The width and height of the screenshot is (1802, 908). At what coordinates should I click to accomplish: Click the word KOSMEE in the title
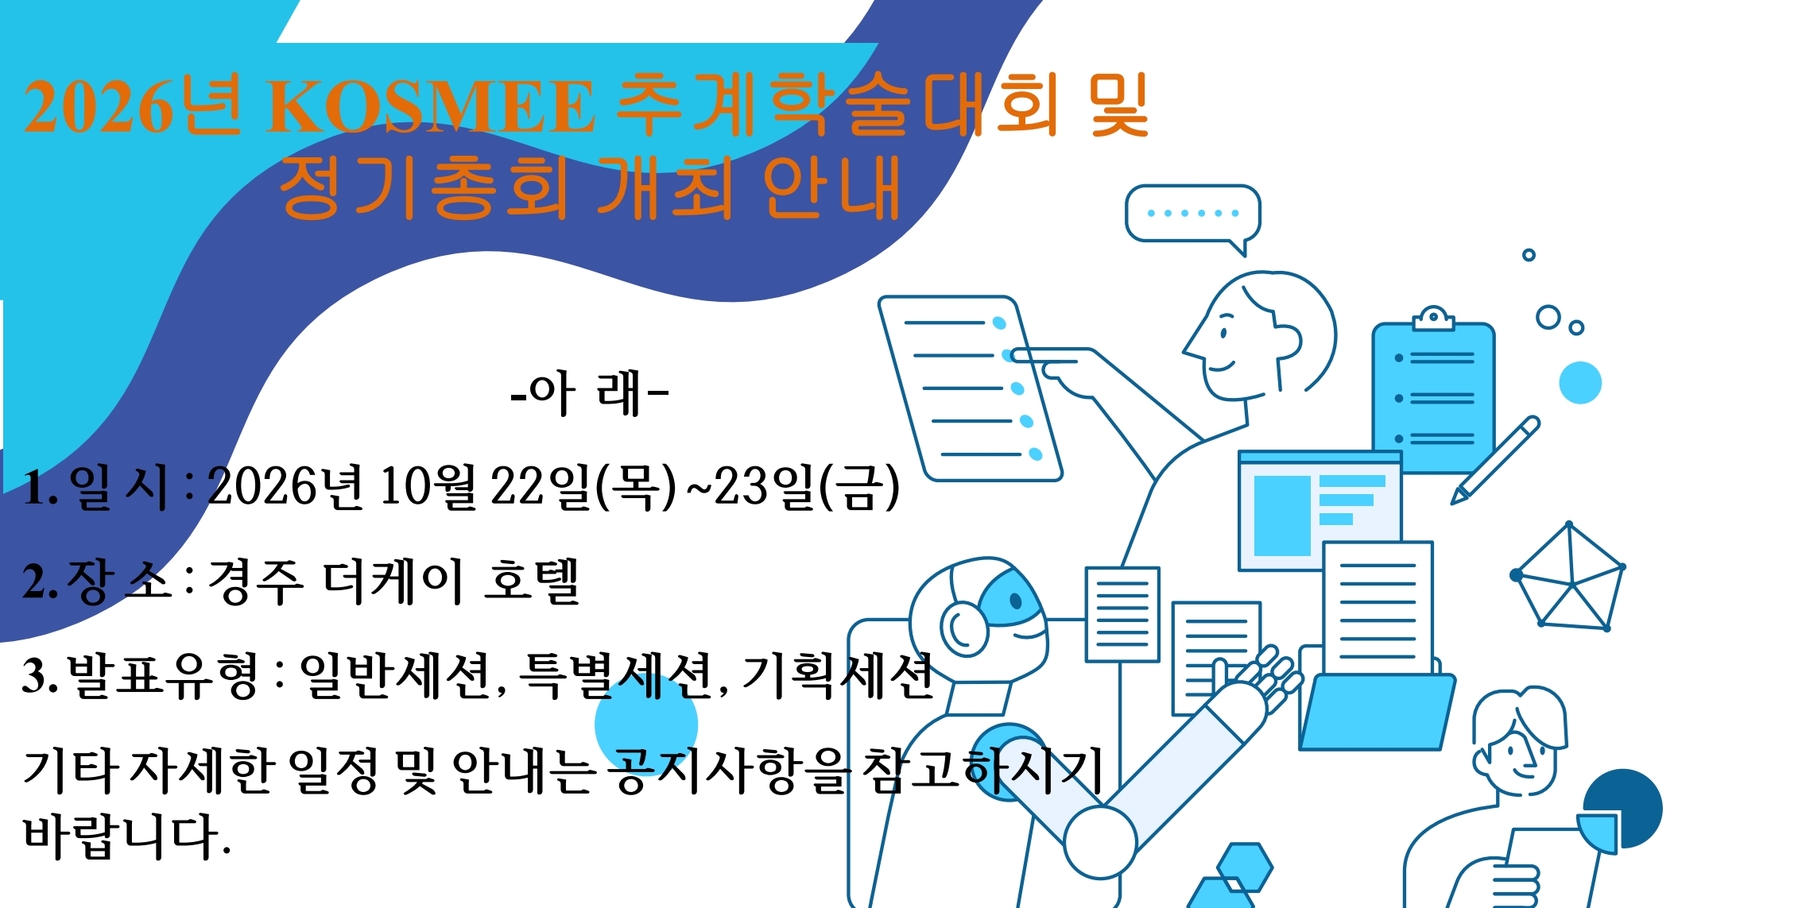pyautogui.click(x=431, y=106)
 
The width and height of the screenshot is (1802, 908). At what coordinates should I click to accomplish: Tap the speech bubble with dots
pyautogui.click(x=1192, y=215)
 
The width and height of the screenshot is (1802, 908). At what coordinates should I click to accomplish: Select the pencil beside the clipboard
pyautogui.click(x=1495, y=460)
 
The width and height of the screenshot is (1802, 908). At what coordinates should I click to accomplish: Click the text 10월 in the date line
pyautogui.click(x=427, y=486)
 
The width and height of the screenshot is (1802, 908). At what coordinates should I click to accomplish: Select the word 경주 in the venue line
pyautogui.click(x=255, y=582)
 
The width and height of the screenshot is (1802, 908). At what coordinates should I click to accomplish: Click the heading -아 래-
pyautogui.click(x=589, y=393)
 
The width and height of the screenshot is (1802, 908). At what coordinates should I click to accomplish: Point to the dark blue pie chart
pyautogui.click(x=1621, y=809)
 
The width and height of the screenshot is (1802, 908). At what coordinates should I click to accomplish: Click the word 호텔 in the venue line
pyautogui.click(x=532, y=582)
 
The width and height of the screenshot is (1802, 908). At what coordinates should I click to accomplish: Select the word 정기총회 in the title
pyautogui.click(x=424, y=188)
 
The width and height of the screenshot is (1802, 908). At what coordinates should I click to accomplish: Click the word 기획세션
pyautogui.click(x=837, y=676)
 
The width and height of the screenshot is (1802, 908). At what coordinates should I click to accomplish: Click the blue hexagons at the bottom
pyautogui.click(x=1231, y=875)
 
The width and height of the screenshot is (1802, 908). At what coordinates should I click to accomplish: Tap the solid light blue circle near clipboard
pyautogui.click(x=1580, y=383)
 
